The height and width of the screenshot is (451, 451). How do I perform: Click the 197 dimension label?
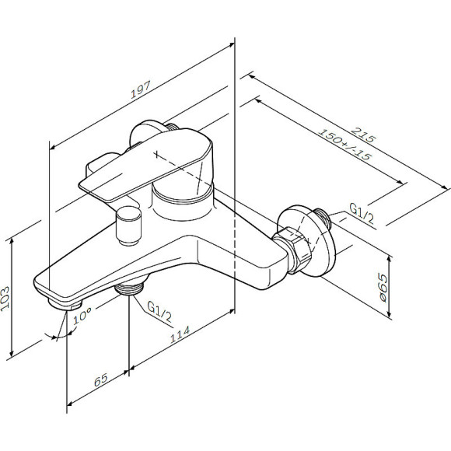point(141,89)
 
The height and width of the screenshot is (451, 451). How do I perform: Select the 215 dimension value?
point(364,135)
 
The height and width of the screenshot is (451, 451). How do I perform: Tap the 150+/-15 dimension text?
point(345,145)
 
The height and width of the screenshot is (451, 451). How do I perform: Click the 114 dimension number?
point(180,334)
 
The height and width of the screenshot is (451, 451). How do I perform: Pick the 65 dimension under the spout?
point(101,380)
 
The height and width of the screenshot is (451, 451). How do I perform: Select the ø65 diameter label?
point(383,288)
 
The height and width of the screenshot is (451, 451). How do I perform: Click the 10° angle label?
point(82,316)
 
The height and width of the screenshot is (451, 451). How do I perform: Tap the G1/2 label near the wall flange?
point(362,213)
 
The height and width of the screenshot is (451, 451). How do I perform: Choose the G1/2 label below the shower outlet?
point(159,312)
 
